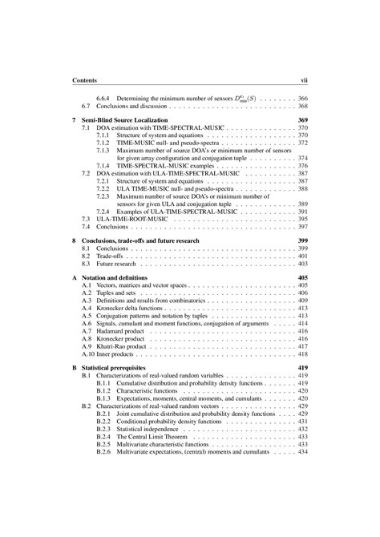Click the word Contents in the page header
(x=84, y=81)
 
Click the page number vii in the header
(x=304, y=81)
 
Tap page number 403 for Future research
(x=303, y=264)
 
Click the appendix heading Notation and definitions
(x=120, y=277)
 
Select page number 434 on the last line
(x=303, y=451)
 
